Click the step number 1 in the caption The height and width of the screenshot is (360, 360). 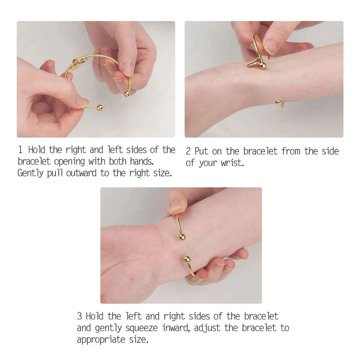(x=20, y=150)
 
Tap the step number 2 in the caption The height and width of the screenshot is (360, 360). (x=188, y=151)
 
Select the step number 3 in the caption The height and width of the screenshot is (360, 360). (x=80, y=316)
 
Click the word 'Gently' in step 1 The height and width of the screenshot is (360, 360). (x=30, y=173)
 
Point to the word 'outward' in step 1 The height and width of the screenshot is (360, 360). (x=81, y=173)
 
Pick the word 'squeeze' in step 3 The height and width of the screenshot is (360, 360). (x=142, y=328)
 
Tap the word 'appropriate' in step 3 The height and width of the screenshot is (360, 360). (x=101, y=340)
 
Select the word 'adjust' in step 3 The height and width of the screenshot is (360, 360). (x=207, y=328)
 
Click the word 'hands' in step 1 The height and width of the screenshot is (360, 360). (x=142, y=161)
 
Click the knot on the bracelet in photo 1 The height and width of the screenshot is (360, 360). (x=79, y=61)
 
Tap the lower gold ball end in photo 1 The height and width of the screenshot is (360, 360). (x=99, y=108)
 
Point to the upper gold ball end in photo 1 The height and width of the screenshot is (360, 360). (x=127, y=94)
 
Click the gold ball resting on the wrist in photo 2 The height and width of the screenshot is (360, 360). (x=263, y=66)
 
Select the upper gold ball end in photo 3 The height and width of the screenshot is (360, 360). (x=182, y=237)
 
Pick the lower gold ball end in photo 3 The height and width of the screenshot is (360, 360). (x=187, y=260)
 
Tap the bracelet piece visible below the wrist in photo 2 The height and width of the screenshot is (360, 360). (x=279, y=104)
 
